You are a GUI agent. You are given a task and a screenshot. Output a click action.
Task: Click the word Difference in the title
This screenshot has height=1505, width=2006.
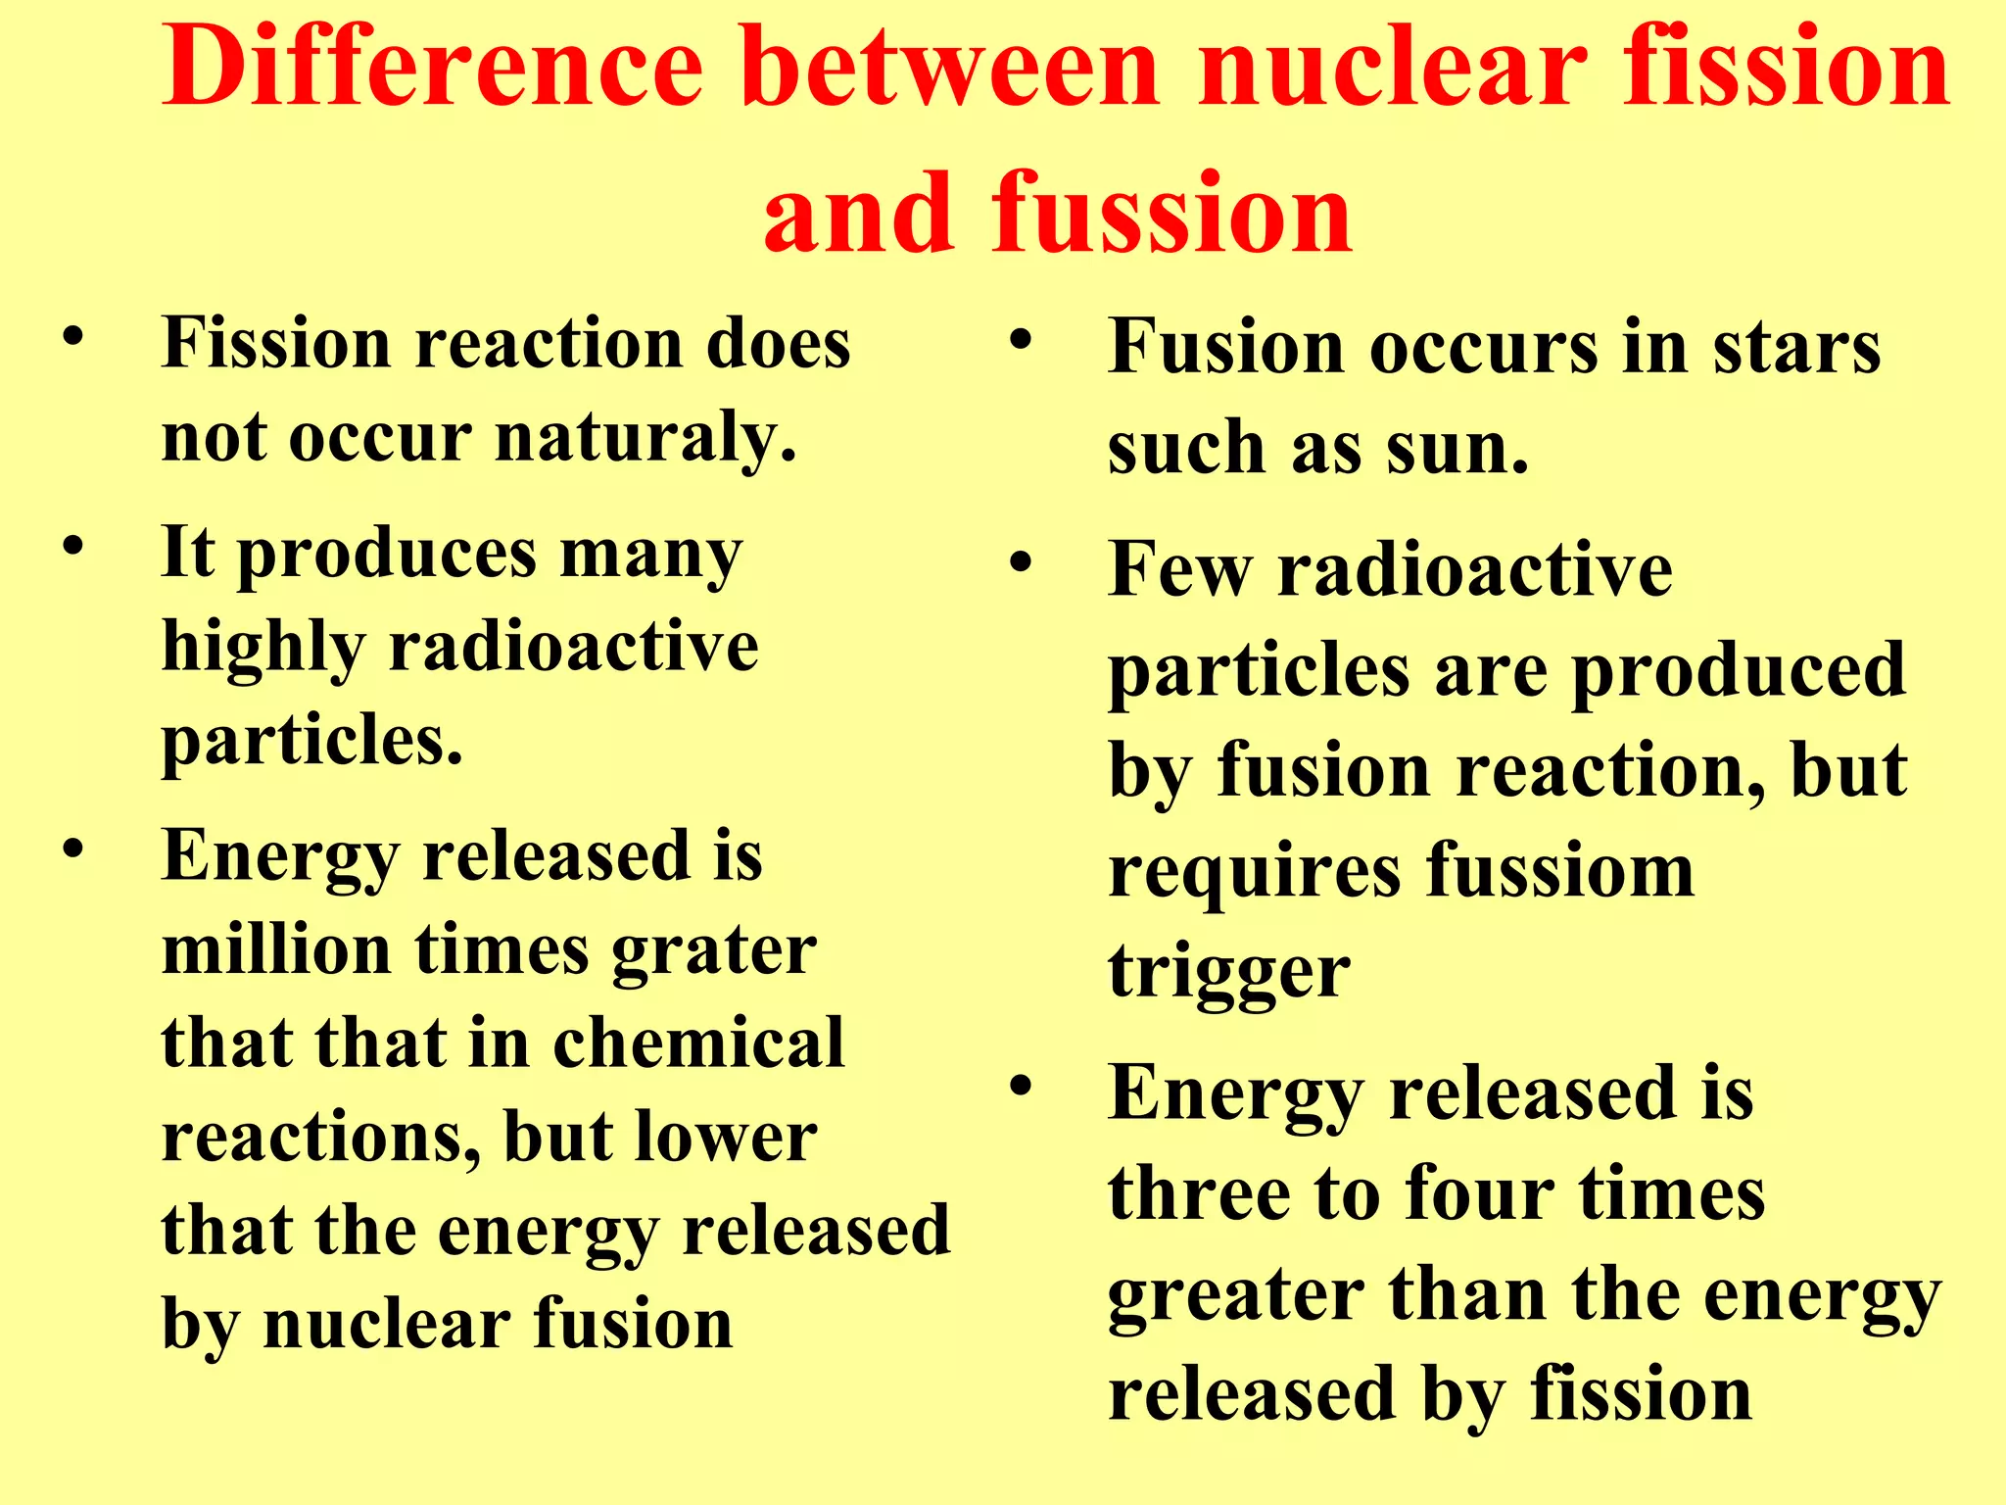click(x=433, y=67)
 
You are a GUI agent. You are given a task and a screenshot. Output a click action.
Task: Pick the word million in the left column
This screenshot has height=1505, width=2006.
click(x=277, y=949)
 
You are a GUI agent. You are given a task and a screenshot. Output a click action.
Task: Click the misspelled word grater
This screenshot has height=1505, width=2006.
click(x=714, y=951)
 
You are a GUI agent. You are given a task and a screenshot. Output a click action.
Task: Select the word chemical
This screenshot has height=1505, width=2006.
click(x=698, y=1043)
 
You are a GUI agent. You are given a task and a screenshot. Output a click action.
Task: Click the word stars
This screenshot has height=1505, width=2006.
click(x=1796, y=349)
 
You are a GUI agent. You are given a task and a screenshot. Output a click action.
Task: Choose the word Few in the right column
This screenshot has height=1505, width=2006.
click(x=1181, y=569)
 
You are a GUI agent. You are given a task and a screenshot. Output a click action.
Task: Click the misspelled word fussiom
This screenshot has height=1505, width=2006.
click(x=1560, y=870)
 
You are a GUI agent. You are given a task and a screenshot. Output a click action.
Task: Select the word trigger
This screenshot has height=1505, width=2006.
click(x=1229, y=973)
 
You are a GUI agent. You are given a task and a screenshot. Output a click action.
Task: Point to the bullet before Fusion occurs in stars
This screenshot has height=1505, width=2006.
click(x=1022, y=342)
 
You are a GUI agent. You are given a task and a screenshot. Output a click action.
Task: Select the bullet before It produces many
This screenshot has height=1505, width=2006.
click(x=72, y=545)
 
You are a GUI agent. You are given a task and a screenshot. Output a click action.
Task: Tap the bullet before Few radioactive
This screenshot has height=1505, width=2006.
click(x=1022, y=563)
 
